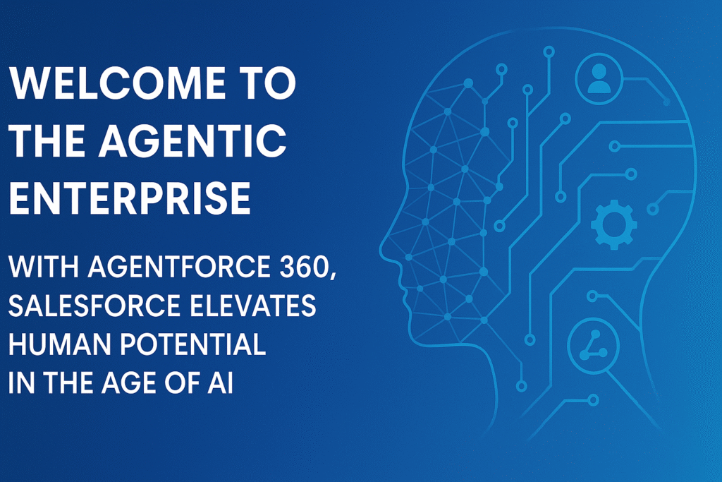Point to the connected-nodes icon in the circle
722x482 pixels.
click(x=593, y=342)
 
